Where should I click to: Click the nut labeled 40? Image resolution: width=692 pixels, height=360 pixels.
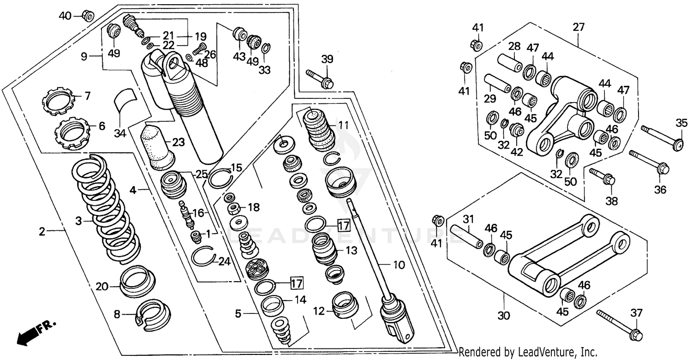pyautogui.click(x=88, y=16)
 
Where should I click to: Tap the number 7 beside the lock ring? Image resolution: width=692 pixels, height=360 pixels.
pyautogui.click(x=88, y=96)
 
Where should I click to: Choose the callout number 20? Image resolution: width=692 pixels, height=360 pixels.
pyautogui.click(x=101, y=287)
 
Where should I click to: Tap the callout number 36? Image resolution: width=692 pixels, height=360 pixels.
pyautogui.click(x=661, y=189)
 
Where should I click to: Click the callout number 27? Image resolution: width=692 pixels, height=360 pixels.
pyautogui.click(x=579, y=27)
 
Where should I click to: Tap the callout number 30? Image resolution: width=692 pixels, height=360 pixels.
pyautogui.click(x=504, y=317)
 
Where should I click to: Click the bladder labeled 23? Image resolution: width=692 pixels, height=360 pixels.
pyautogui.click(x=157, y=145)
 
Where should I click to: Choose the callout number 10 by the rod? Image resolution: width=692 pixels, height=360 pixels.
pyautogui.click(x=399, y=265)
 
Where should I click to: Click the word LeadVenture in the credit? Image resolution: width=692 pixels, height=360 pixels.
pyautogui.click(x=541, y=352)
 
